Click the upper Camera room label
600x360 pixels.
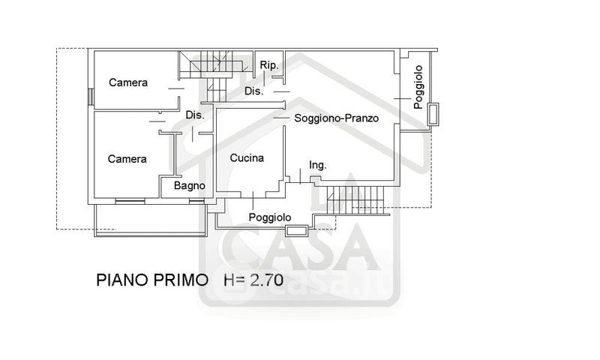coord(128,82)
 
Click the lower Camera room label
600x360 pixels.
coord(127,159)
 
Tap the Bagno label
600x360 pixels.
coord(190,186)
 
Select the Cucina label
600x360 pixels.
coord(247,158)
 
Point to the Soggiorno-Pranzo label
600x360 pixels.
coord(336,118)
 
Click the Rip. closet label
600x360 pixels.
coord(269,65)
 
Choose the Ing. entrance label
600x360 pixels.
coord(317,165)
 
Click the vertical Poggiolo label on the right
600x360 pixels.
coord(418,87)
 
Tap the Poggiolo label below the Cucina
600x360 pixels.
coord(270,217)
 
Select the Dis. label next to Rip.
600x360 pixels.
coord(254,91)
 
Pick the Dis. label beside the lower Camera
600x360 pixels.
coord(195,115)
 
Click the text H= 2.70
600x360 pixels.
coord(253,280)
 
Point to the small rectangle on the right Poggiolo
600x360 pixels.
coord(433,114)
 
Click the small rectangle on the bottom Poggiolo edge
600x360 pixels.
coord(296,230)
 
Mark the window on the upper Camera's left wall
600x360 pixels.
coord(90,97)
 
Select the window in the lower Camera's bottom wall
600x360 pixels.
coord(130,200)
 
